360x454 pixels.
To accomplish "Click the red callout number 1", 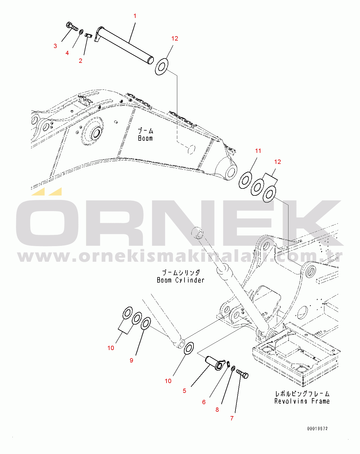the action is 135,16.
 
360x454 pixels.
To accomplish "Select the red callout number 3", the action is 55,46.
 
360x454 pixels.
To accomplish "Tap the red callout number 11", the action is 258,151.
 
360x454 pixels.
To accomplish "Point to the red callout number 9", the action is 131,360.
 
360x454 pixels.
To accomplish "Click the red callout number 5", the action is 184,391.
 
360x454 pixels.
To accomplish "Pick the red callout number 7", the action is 232,418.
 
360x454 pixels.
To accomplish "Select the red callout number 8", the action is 217,410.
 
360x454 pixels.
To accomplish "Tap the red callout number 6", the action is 204,402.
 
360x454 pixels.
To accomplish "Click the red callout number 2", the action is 81,61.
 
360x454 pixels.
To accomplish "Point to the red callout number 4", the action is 67,53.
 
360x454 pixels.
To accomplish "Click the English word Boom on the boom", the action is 145,138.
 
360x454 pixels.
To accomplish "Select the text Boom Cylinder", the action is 181,280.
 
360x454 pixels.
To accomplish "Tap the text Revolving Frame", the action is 302,401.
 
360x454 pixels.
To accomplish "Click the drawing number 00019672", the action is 317,429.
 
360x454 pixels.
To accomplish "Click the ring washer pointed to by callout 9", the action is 146,323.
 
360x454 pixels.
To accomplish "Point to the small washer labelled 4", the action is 81,32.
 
